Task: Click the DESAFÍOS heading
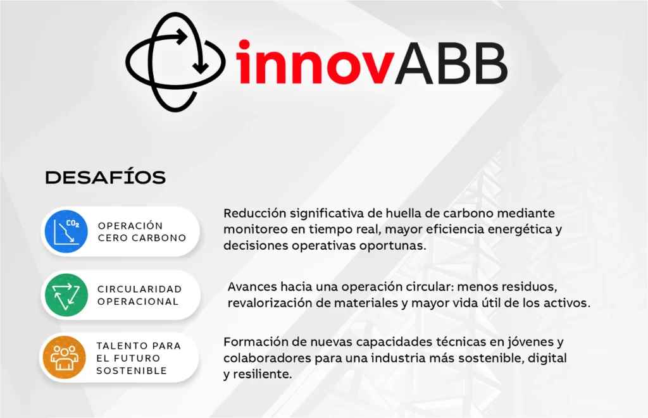click(106, 177)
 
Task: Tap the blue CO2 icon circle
click(66, 231)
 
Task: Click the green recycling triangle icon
click(66, 295)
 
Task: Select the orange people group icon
click(64, 357)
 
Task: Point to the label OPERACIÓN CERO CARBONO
click(142, 231)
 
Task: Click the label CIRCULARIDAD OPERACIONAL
click(139, 295)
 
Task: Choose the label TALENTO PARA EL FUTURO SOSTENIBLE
click(139, 358)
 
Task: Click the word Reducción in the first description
click(254, 213)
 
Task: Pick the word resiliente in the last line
click(263, 374)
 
